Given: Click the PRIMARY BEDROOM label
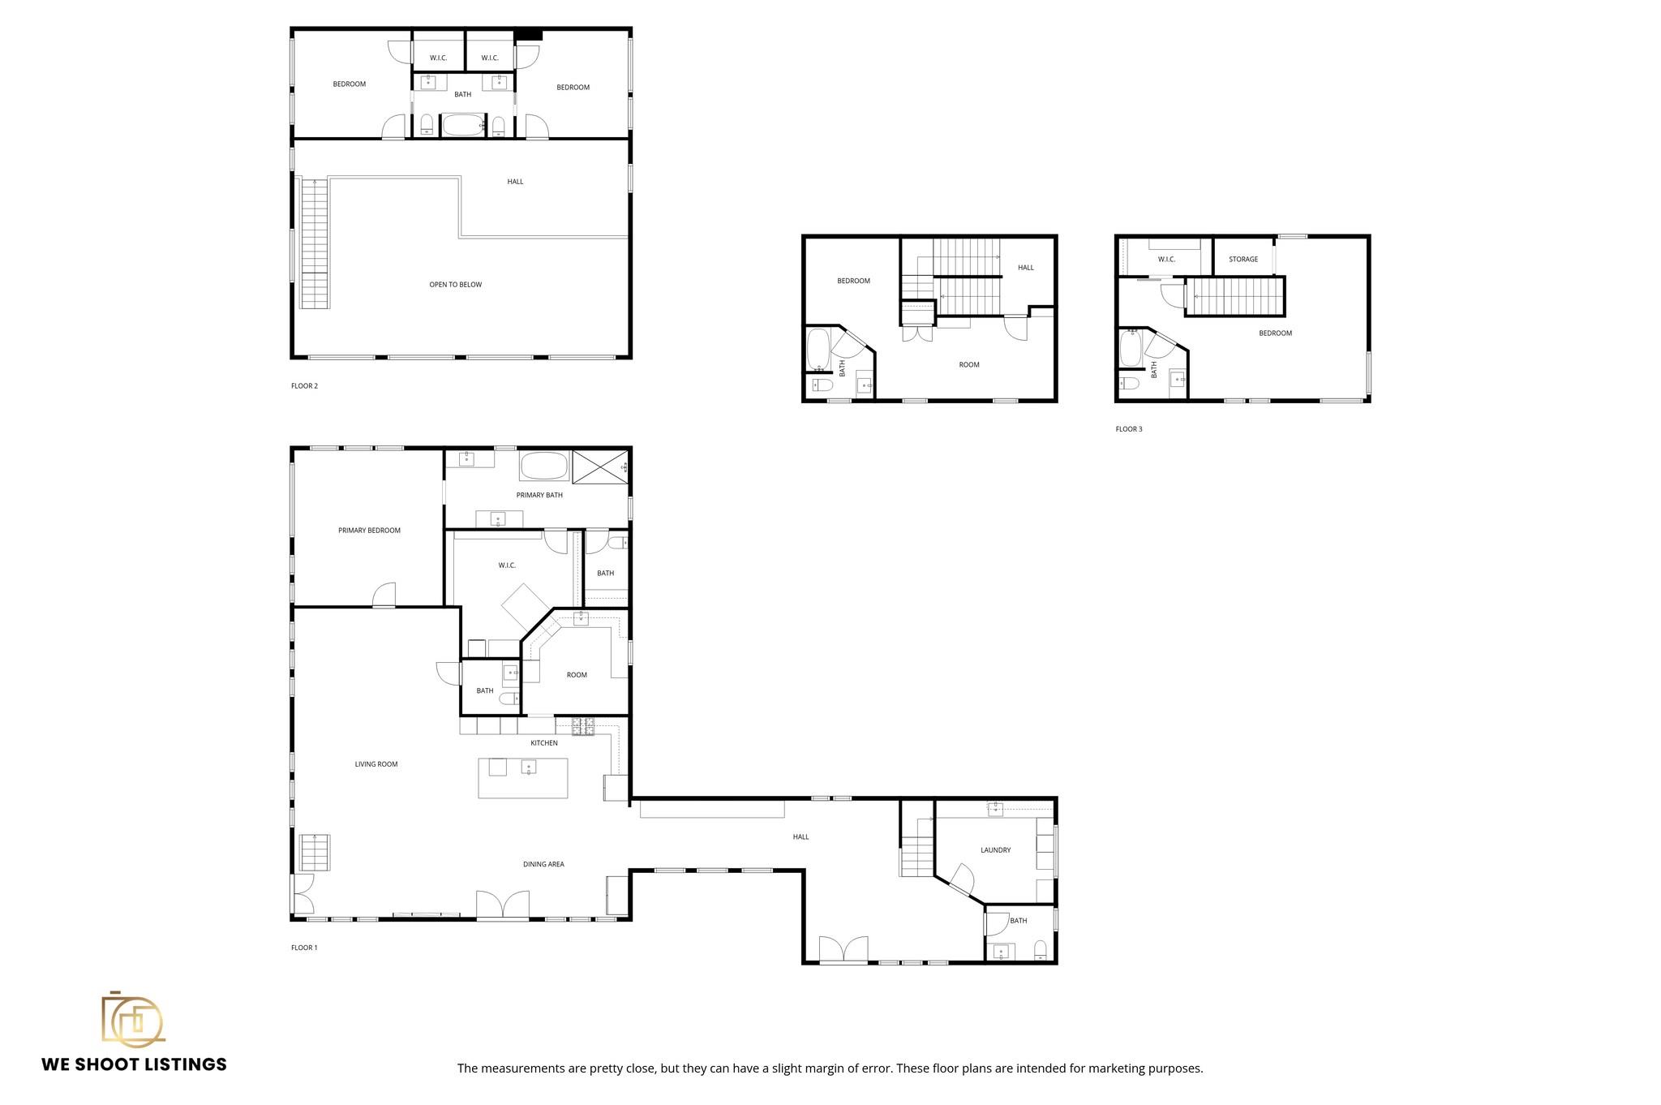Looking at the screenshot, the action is point(369,531).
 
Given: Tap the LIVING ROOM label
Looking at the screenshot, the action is point(376,764).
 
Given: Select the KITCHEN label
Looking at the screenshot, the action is point(544,743).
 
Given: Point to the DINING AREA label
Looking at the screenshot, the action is point(543,864).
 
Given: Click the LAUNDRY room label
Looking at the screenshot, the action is point(995,850).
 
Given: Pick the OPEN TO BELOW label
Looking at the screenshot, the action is point(455,285).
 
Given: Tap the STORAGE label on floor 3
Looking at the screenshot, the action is point(1243,260).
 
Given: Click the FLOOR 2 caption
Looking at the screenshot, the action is point(304,386).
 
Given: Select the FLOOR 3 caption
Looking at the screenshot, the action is point(1128,429).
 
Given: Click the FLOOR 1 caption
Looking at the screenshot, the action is point(304,948).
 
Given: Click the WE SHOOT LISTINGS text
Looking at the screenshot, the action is point(134,1064).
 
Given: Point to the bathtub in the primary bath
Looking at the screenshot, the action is point(544,467).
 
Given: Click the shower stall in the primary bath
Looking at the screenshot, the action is point(600,467).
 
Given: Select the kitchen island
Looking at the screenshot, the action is point(522,778).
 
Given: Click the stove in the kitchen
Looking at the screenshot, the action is point(583,727).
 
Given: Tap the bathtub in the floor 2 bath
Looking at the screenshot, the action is point(463,125).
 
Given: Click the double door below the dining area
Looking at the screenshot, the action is point(503,905).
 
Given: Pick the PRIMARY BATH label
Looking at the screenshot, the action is point(539,495).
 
